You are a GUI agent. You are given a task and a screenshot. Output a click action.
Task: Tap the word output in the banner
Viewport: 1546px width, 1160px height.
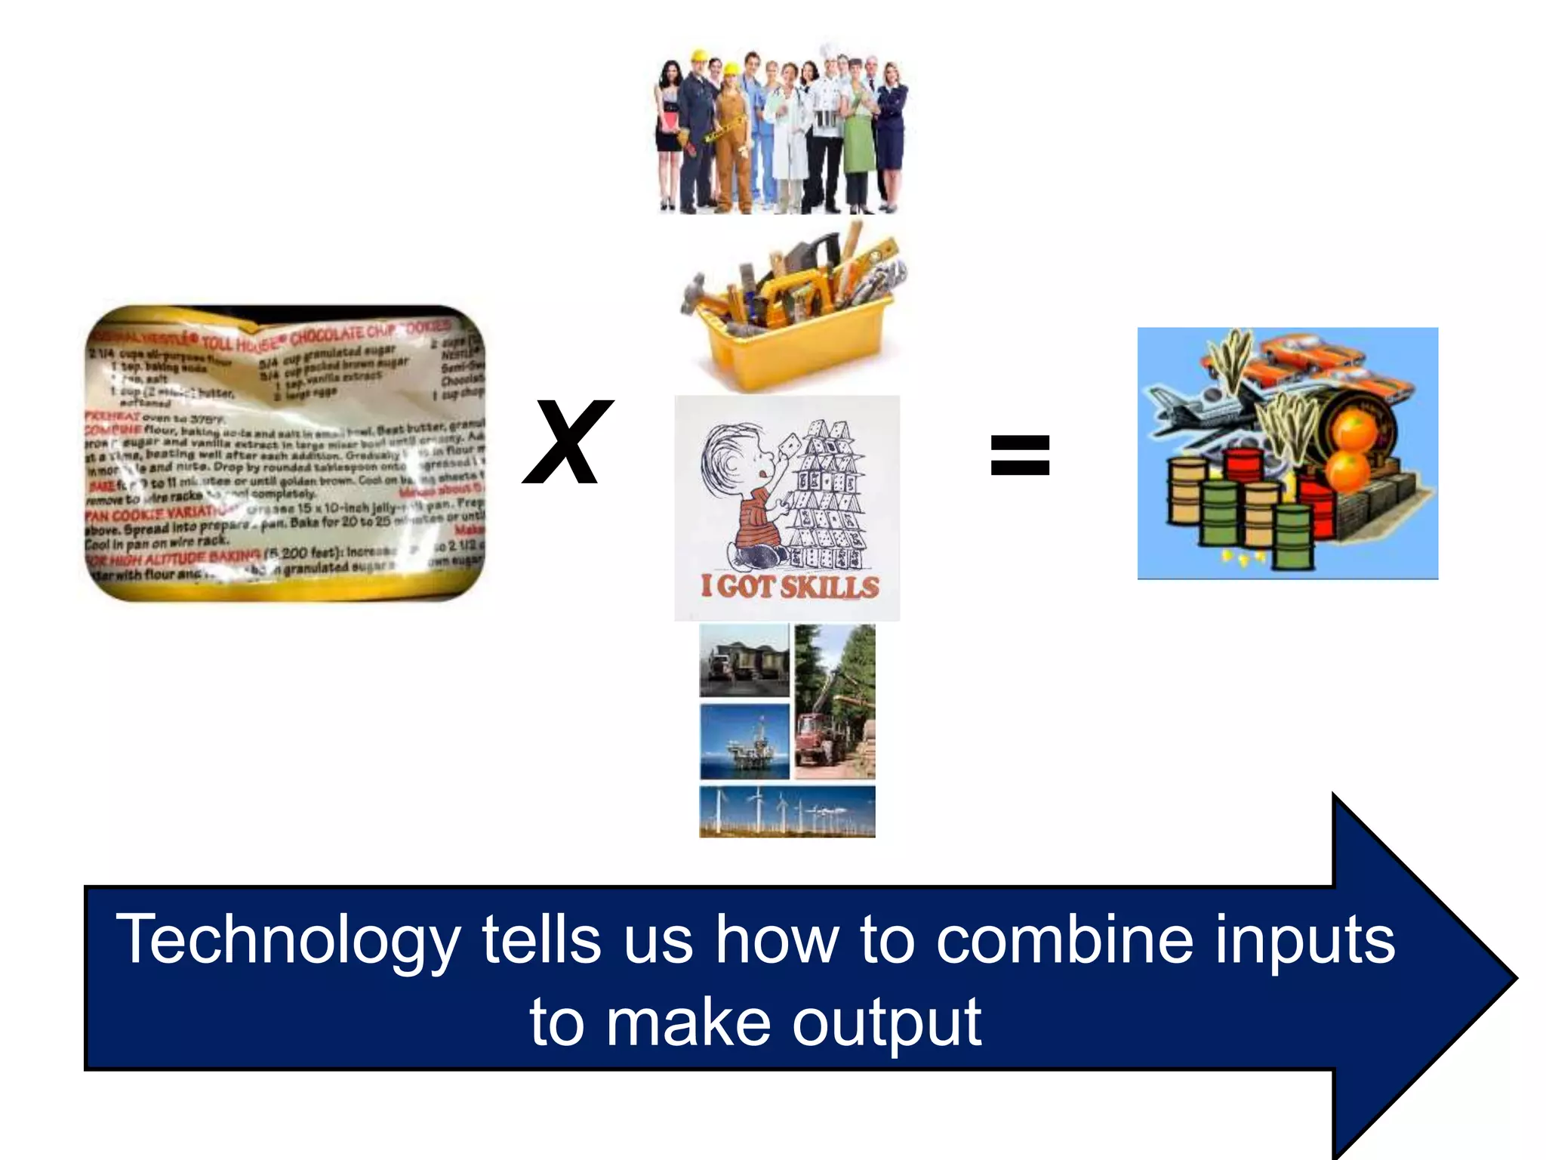pos(886,1023)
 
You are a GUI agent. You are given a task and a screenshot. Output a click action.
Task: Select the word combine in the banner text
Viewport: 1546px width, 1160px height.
pos(1064,939)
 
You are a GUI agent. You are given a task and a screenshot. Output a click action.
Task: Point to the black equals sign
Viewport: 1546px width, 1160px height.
pos(1019,455)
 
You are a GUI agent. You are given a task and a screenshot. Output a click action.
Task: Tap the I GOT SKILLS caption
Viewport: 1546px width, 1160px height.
pos(790,587)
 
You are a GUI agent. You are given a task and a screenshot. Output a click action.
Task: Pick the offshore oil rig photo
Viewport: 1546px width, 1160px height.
pos(744,742)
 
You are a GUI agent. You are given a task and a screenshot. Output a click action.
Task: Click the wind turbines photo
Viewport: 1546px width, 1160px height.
pos(787,811)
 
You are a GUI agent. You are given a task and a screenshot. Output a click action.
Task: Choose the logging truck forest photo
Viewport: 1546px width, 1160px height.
pos(835,702)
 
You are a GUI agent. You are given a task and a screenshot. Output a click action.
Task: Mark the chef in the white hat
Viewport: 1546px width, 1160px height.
pos(829,128)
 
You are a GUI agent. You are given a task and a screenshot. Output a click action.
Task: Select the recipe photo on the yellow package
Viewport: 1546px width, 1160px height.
pos(285,453)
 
